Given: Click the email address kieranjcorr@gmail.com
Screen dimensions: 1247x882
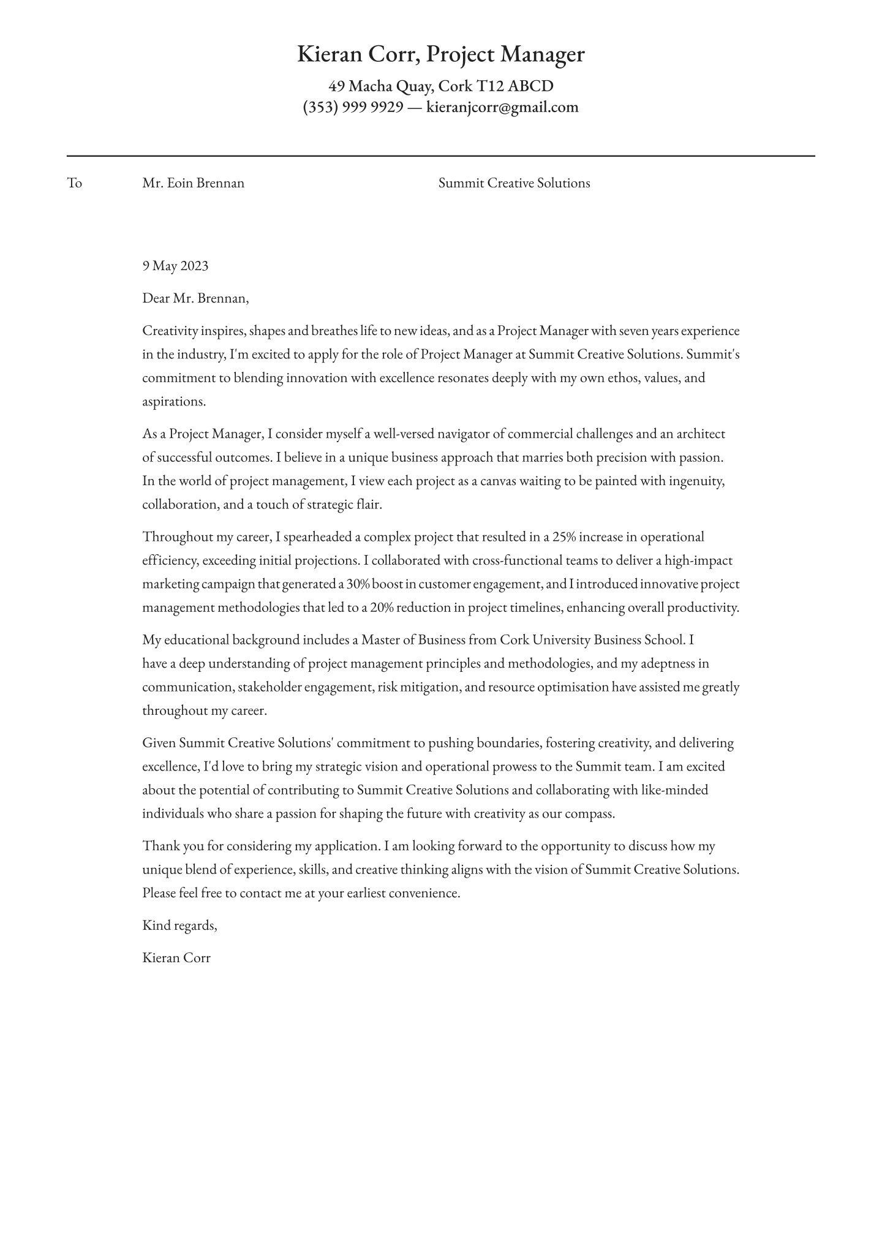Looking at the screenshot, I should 502,108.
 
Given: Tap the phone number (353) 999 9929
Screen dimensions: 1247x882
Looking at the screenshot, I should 353,108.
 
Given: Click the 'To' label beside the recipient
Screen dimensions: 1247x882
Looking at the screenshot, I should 74,183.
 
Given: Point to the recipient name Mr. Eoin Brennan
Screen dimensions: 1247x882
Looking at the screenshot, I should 193,183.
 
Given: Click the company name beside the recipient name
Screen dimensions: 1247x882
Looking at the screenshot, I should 514,183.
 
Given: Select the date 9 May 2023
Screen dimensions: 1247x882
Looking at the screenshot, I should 175,266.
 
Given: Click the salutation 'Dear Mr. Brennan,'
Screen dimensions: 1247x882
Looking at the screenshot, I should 195,298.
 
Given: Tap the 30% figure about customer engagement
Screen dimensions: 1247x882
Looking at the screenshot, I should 358,584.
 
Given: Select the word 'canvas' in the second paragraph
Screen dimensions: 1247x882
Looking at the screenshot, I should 497,481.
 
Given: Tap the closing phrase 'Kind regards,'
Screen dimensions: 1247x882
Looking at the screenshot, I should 179,925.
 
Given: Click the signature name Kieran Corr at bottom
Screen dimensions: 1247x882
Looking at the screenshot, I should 176,958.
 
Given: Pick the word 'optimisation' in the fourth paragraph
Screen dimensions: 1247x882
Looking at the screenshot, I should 572,687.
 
